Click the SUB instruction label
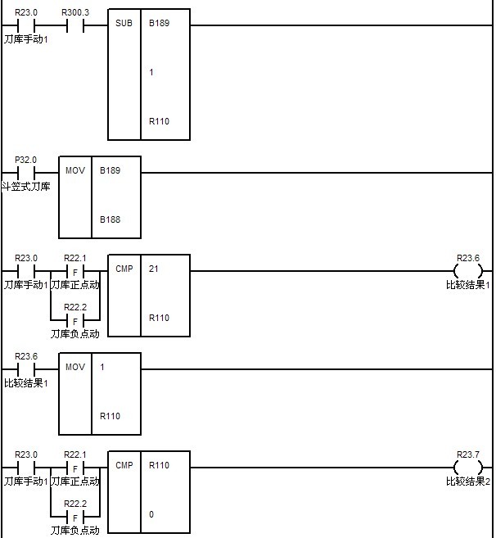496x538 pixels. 124,23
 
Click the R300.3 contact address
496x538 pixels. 76,12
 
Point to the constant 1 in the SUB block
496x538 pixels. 151,72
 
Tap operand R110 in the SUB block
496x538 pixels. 159,121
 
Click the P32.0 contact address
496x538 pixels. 26,160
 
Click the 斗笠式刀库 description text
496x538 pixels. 25,187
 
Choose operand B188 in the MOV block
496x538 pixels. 110,219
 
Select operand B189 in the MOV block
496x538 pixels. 110,170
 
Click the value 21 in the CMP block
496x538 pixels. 154,269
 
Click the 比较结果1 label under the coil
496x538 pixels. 468,285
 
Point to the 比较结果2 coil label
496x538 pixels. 468,481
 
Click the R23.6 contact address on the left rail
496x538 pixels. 26,356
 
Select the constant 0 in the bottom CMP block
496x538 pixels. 151,514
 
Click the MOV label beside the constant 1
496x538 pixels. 74,367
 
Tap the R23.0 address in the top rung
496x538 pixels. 26,12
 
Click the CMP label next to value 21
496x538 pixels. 124,269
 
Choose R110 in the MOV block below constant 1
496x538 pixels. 110,416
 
